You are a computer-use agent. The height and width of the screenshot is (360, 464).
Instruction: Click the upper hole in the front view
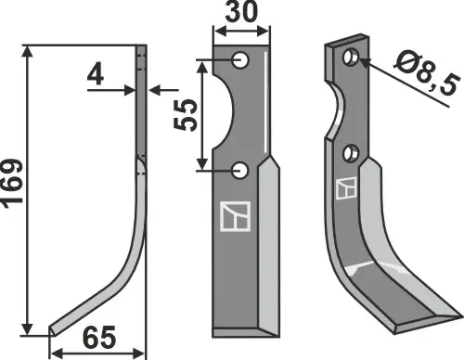coord(241,60)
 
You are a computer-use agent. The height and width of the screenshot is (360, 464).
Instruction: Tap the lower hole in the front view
coord(241,170)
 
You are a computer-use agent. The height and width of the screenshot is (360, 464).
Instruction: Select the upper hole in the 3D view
coord(351,58)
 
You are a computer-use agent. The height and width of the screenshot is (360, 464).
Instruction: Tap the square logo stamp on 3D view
coord(346,187)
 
